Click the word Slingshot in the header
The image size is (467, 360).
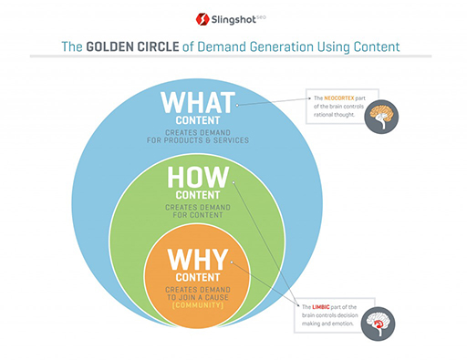click(x=237, y=17)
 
